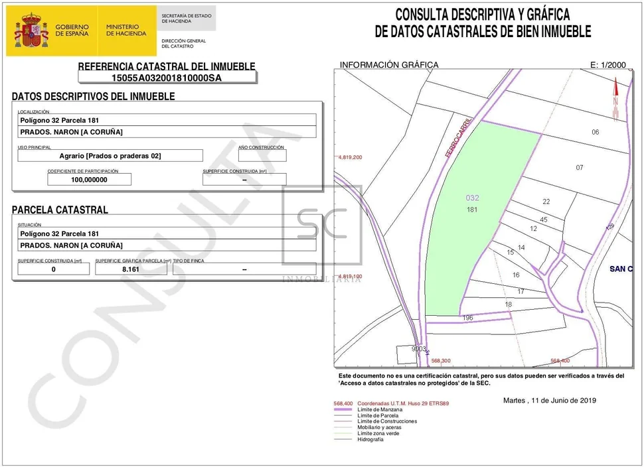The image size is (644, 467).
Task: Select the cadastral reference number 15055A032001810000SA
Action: (x=167, y=78)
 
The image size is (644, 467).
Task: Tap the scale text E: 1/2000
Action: (x=607, y=65)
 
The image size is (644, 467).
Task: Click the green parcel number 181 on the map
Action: (x=473, y=210)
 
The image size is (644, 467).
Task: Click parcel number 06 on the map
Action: (x=595, y=132)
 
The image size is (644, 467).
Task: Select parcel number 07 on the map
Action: (x=580, y=168)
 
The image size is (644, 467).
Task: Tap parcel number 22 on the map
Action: (x=546, y=202)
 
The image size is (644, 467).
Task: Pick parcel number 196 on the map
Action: (x=467, y=318)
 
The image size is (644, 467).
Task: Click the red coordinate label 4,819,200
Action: (x=350, y=158)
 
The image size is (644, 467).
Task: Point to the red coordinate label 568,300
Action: (x=441, y=361)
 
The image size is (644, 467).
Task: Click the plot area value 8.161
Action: (x=130, y=269)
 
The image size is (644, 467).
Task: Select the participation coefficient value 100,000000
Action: (x=89, y=179)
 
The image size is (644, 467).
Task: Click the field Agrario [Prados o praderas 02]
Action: (x=110, y=156)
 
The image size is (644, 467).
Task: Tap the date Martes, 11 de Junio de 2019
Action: (x=550, y=401)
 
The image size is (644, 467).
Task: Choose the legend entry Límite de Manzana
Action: (x=380, y=410)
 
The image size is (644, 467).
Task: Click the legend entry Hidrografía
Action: (x=370, y=439)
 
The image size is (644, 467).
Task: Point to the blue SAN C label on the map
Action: (x=621, y=269)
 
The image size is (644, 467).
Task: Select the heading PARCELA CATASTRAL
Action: (x=60, y=210)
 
